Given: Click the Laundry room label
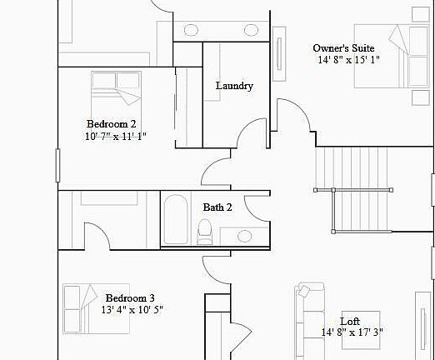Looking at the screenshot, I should [x=234, y=86].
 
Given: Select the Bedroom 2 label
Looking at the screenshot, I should [x=111, y=123].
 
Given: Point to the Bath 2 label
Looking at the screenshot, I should [x=217, y=207].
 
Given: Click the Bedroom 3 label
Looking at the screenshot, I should [x=129, y=297].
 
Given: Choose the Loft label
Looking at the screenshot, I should [x=350, y=321].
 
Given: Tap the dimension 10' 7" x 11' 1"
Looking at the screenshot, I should [x=115, y=136].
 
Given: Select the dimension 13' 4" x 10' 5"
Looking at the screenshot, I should [x=132, y=309].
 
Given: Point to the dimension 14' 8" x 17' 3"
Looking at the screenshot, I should [x=352, y=332].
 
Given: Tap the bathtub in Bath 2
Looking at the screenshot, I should [x=175, y=219].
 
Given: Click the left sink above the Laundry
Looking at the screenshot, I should [x=189, y=30].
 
